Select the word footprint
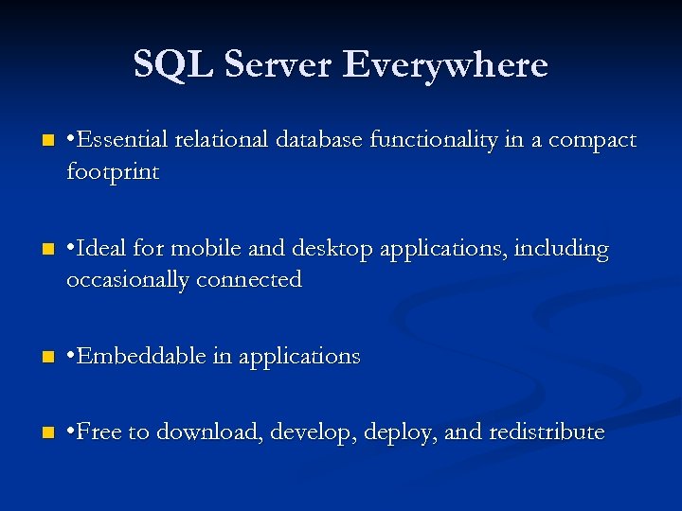(112, 172)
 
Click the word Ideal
(106, 249)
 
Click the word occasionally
(130, 280)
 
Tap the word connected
(251, 279)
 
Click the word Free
(100, 432)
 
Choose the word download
(209, 432)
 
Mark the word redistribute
(547, 432)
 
